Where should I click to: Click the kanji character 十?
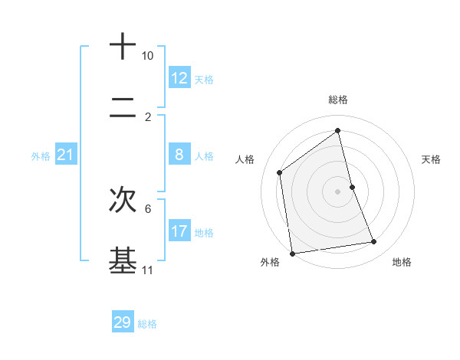[x=123, y=47]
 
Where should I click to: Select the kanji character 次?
[x=123, y=200]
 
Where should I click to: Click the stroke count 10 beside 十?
[x=148, y=57]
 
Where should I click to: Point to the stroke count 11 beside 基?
[x=148, y=270]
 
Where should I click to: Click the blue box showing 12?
[x=179, y=78]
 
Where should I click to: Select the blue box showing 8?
[x=179, y=155]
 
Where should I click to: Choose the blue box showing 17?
[x=179, y=231]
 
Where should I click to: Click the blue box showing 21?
[x=66, y=155]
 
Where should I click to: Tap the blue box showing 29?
[x=123, y=322]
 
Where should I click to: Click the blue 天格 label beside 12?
[x=204, y=80]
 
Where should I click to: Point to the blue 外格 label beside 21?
[x=41, y=156]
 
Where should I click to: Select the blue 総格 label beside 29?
[x=147, y=324]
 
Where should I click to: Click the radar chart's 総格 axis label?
[x=338, y=100]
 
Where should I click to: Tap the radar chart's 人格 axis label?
[x=245, y=159]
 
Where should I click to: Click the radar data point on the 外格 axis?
[x=292, y=253]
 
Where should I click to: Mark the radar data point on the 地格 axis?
[x=374, y=242]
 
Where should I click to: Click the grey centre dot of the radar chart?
[x=337, y=191]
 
